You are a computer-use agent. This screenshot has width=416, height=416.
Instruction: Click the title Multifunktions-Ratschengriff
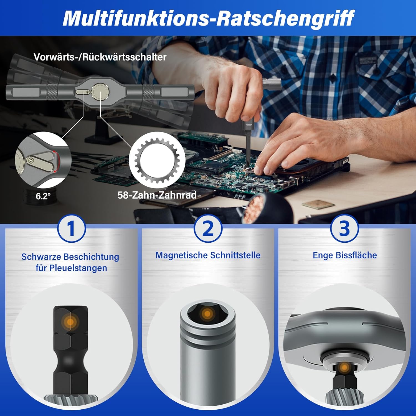[208, 18]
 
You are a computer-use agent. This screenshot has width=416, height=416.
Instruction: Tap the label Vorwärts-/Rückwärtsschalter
[100, 57]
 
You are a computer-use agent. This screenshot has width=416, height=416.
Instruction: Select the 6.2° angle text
[43, 196]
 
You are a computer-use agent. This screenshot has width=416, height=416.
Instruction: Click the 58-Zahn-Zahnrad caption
[157, 195]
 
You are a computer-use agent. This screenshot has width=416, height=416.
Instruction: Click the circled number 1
[71, 229]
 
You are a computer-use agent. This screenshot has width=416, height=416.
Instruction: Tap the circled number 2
[208, 229]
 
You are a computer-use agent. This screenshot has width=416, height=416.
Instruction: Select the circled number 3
[344, 229]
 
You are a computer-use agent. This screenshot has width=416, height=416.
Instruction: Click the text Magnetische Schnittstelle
[208, 255]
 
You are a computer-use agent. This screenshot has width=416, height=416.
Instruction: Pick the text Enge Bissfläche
[345, 255]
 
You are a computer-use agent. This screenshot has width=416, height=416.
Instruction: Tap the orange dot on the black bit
[71, 322]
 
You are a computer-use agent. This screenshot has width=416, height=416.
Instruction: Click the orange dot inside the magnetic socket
[207, 314]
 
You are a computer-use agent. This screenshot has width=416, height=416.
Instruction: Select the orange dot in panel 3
[344, 368]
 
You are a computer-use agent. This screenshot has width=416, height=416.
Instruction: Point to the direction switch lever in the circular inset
[40, 161]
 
